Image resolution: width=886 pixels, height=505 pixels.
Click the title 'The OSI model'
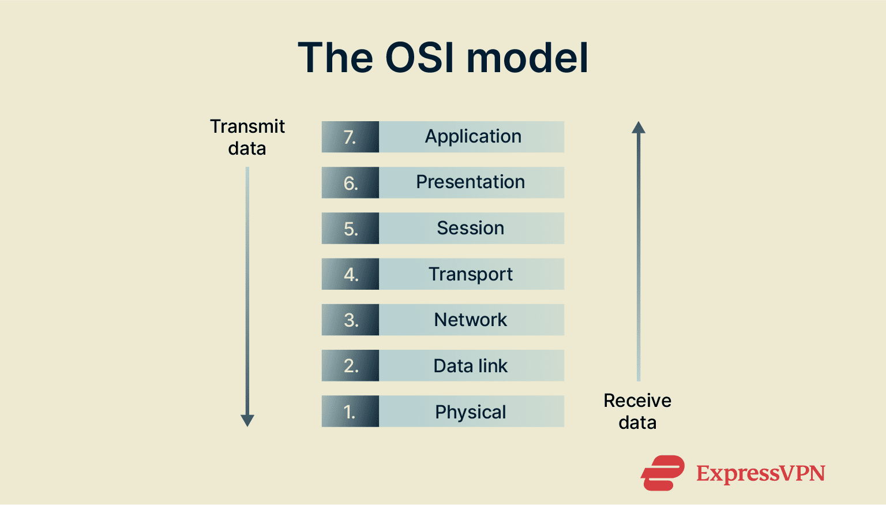tap(443, 58)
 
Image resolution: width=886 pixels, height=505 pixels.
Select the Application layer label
tap(473, 137)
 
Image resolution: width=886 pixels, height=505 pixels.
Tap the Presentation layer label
tap(471, 182)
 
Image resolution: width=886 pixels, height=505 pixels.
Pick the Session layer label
tap(471, 228)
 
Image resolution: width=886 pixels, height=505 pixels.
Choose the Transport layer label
tap(471, 274)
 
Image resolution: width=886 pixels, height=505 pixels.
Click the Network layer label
tap(471, 320)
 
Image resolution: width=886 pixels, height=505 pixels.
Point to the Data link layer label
tap(471, 366)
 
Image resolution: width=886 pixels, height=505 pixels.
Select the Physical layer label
tap(471, 412)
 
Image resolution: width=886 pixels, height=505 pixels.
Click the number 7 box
tap(350, 137)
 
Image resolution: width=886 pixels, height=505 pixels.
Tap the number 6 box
tap(350, 183)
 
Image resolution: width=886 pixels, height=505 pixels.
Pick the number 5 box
tap(350, 229)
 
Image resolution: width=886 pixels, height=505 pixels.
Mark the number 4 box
tap(350, 274)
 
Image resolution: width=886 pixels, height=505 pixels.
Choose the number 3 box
tap(350, 320)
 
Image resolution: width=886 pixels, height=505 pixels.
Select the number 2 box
tap(350, 366)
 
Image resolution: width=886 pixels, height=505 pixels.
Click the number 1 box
tap(350, 412)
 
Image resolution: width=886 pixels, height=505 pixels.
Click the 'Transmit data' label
tap(247, 137)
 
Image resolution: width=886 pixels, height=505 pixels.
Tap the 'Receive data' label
tap(637, 412)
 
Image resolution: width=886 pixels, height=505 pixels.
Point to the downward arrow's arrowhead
tap(247, 420)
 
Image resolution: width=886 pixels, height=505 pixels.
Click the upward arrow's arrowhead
tap(639, 128)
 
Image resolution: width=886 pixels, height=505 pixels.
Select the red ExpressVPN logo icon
tap(663, 473)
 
